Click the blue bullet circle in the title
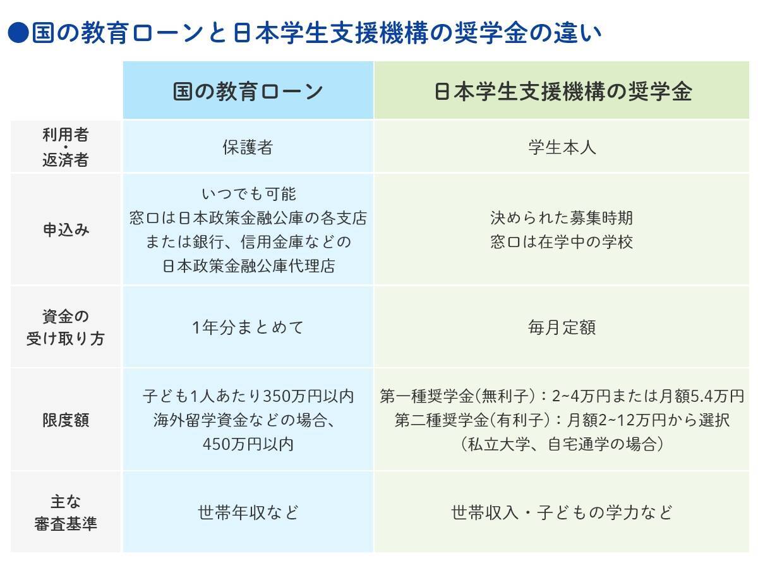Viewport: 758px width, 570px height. [18, 33]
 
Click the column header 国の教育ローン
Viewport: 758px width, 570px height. [248, 92]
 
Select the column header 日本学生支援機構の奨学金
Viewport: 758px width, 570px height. [563, 92]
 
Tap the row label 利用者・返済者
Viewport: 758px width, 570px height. [66, 147]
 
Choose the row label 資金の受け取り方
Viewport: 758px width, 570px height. [66, 327]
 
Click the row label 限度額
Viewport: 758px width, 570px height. [66, 420]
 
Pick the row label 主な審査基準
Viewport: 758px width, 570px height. [66, 512]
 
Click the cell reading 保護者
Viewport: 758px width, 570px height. [248, 147]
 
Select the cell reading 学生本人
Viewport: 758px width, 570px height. [562, 147]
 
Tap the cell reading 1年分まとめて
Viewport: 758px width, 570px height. [248, 327]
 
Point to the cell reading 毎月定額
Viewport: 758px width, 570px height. [562, 327]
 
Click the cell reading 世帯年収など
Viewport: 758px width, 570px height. [248, 512]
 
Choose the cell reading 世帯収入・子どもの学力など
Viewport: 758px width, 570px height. [562, 512]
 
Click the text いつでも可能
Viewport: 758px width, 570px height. [249, 194]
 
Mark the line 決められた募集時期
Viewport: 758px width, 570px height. [562, 218]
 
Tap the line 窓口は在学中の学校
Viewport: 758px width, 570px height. [562, 242]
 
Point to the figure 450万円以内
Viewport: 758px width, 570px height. [248, 444]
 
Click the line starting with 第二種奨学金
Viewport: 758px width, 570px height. [562, 420]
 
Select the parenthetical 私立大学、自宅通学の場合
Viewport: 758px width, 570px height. [562, 444]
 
